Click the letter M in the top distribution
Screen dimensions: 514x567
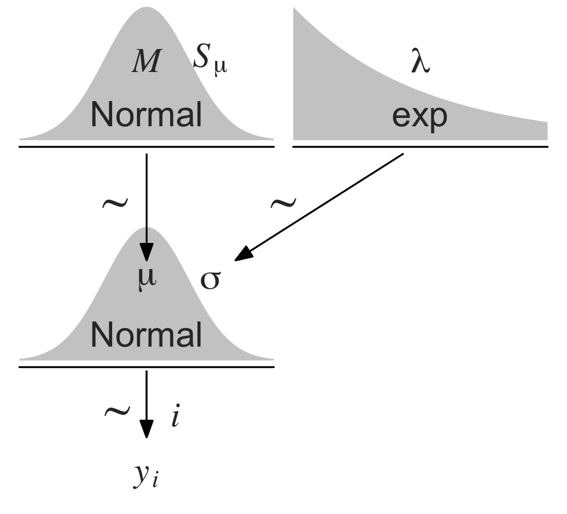[x=145, y=61]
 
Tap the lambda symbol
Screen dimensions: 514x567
[x=420, y=63]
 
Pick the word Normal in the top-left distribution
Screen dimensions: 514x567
[x=146, y=114]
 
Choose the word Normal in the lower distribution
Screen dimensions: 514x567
[x=146, y=334]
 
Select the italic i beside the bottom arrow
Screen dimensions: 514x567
[x=176, y=417]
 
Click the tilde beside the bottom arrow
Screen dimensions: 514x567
[x=117, y=412]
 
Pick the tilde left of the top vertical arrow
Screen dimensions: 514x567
[x=115, y=203]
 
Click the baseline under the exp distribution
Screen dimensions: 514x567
[x=420, y=146]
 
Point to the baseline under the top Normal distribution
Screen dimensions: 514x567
[x=146, y=146]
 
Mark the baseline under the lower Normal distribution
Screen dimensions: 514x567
[x=146, y=367]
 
